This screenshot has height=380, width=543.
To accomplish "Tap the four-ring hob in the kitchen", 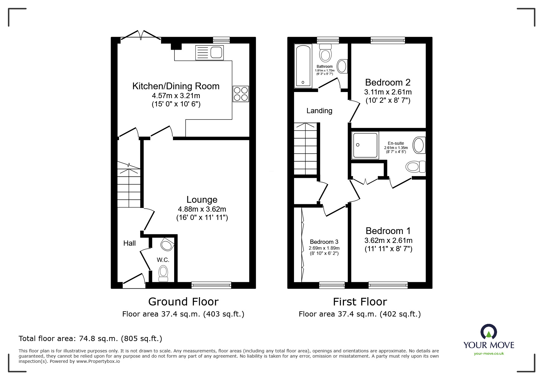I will point(241,94).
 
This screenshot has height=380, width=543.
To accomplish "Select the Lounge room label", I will point(202,200).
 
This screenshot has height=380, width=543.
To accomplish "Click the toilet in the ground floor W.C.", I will point(163,273).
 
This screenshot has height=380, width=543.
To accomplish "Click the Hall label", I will point(129,243).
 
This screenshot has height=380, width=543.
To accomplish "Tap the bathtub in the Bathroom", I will point(303,66).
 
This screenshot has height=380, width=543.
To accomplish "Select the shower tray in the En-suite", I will point(365,145).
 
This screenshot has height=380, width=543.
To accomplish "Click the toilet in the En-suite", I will point(415,167).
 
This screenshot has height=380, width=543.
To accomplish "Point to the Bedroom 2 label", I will point(388,83).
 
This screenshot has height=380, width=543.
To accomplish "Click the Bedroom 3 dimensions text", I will point(324,251).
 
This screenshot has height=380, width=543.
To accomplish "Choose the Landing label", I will point(319,111).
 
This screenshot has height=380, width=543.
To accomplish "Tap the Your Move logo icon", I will point(488,332).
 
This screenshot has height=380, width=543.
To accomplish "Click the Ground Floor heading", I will point(183,302).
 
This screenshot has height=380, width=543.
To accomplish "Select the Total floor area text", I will point(90,339).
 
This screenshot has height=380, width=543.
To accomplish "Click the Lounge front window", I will point(211,285).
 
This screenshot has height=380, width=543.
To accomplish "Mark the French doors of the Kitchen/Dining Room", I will point(141,36).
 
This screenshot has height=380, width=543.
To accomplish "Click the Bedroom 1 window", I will point(388,285).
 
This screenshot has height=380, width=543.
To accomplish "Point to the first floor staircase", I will point(305,149).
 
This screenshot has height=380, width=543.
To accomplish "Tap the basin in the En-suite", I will point(419,145).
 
